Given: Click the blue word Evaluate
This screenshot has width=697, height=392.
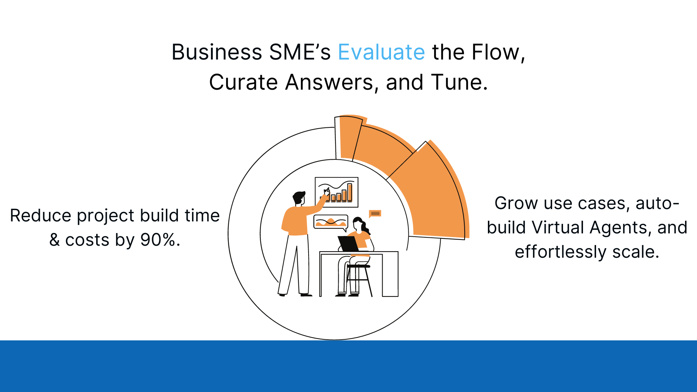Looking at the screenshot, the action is pos(381,52).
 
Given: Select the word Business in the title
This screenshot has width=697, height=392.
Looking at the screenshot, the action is pos(216,52).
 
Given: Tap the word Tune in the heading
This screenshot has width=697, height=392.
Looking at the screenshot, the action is pos(459,82).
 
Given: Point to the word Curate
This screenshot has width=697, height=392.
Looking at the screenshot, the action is pos(244,82).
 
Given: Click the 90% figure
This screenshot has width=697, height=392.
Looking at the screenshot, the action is pos(160,240).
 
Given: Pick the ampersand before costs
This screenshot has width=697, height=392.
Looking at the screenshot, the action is pos(54,240).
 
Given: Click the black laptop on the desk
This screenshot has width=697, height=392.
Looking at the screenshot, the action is pos(348,244).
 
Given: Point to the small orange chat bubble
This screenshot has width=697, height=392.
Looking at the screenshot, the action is pos(375,214).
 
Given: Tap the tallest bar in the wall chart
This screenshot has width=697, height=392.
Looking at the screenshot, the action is pos(350,192).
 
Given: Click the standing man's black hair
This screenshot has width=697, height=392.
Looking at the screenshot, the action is pos(299,197).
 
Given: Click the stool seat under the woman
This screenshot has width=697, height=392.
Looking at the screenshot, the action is pos(359,266).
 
